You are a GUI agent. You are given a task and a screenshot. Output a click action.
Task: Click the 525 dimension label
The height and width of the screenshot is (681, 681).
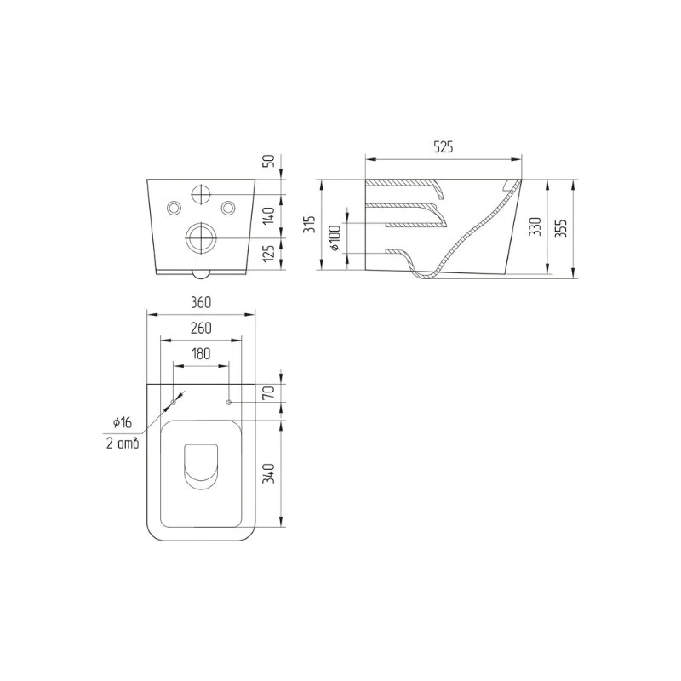click(x=443, y=147)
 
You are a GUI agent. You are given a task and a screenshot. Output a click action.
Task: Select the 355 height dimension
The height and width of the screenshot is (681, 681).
click(x=562, y=227)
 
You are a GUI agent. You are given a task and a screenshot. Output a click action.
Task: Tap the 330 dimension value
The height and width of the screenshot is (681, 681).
click(x=536, y=226)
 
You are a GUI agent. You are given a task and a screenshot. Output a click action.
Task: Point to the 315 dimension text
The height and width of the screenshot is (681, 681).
click(x=309, y=224)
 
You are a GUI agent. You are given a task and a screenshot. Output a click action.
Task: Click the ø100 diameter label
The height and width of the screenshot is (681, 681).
click(x=335, y=238)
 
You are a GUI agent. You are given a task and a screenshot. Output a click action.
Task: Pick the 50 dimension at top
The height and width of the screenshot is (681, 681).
click(x=270, y=161)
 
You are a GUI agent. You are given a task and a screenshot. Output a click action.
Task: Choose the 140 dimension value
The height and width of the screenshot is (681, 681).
click(x=270, y=215)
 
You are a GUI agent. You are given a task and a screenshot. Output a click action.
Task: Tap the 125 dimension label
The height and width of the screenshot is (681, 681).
click(x=270, y=253)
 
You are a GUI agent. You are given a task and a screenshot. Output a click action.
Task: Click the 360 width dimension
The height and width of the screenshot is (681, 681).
click(x=201, y=302)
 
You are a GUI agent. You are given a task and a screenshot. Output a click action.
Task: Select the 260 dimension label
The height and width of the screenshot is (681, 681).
click(x=201, y=328)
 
